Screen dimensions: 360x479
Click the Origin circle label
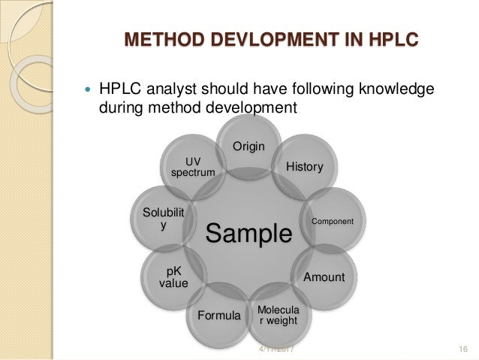[249, 146]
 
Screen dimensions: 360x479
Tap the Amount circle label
[324, 277]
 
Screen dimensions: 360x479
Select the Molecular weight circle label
[277, 316]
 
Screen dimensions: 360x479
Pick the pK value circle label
[173, 276]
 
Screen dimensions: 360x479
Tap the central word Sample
[249, 234]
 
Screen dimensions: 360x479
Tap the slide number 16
[462, 349]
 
